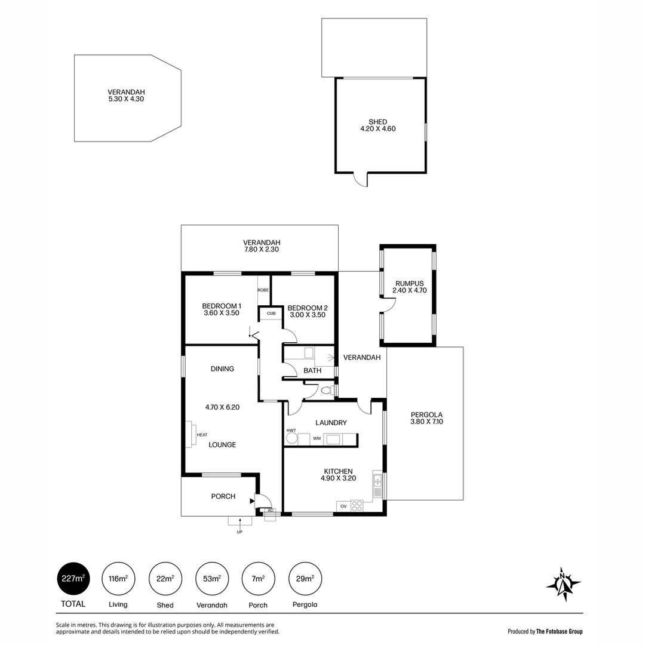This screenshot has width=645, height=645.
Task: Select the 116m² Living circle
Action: [118, 579]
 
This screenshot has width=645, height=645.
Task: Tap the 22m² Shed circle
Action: [165, 579]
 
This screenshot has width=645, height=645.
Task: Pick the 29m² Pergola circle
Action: [305, 579]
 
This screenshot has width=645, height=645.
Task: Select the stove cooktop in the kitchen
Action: [357, 506]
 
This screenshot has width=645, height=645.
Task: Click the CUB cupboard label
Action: [271, 313]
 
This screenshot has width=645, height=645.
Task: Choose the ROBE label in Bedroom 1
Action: [263, 290]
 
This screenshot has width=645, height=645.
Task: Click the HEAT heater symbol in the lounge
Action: [194, 434]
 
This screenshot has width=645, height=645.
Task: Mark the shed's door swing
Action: [360, 179]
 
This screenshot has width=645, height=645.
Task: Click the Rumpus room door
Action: [389, 305]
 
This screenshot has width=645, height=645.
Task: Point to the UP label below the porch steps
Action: [239, 532]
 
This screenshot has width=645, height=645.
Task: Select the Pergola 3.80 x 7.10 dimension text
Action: [426, 422]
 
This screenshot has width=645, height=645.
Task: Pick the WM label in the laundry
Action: [317, 439]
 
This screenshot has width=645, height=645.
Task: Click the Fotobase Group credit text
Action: [545, 631]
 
